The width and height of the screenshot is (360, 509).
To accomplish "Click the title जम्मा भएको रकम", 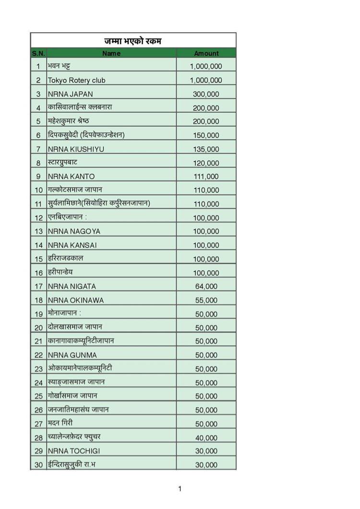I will (133, 41).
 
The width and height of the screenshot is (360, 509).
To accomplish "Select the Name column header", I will (111, 53).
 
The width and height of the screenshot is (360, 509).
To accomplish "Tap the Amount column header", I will (206, 53).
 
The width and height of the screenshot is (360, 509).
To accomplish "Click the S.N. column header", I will (38, 53).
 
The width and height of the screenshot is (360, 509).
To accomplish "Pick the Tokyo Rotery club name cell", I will (76, 80).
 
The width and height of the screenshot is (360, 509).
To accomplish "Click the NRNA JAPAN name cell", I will (70, 94).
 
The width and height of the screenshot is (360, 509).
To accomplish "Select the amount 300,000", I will (206, 94).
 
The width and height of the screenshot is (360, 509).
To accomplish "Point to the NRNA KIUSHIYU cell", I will (76, 149).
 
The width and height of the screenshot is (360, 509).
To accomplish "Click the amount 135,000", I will (206, 149).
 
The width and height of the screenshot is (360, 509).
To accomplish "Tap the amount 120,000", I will (206, 163).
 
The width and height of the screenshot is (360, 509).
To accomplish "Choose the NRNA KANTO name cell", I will (71, 177).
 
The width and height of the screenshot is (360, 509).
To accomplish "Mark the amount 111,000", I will (206, 177).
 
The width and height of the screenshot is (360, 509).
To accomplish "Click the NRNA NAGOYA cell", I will (74, 232).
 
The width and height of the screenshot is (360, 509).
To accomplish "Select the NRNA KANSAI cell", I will (72, 245).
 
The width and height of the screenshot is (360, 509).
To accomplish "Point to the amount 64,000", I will (206, 286).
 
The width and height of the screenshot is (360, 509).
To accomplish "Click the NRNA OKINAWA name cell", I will (75, 300).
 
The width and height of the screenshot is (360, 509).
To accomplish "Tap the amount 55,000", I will (206, 300).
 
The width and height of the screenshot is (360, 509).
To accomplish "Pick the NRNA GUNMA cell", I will (72, 355).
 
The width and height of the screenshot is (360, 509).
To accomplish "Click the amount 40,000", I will (206, 438).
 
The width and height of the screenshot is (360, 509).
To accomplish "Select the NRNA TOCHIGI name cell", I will (74, 451).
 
